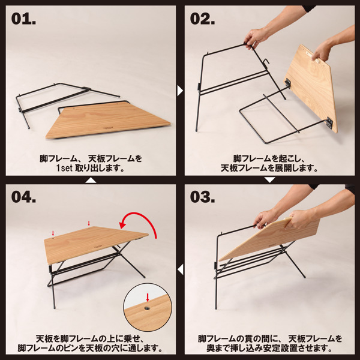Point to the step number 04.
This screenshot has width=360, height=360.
(x=25, y=197)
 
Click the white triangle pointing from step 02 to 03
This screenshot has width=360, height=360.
(x=269, y=179)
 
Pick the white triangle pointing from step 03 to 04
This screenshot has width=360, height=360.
(x=180, y=269)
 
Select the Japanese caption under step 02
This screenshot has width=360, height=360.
(x=269, y=163)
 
